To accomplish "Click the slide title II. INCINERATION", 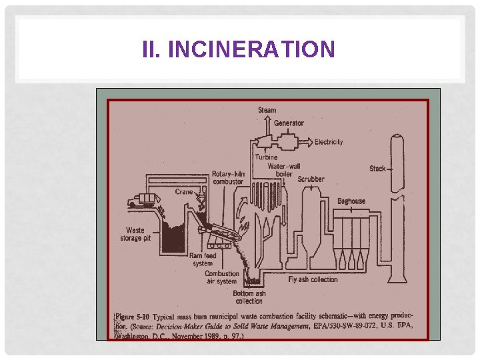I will point(239,49).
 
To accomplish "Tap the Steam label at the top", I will point(267,110).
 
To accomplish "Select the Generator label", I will point(288,123).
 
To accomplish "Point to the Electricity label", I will point(329,142).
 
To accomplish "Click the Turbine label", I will point(266,157).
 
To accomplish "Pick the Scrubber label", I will point(311,179).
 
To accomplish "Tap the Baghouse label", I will point(351,201).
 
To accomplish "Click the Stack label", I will point(377,169).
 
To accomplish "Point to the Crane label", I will point(184,192).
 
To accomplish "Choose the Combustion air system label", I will point(221,277).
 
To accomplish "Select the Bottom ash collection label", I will point(250,297).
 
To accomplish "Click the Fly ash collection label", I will point(313,279).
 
